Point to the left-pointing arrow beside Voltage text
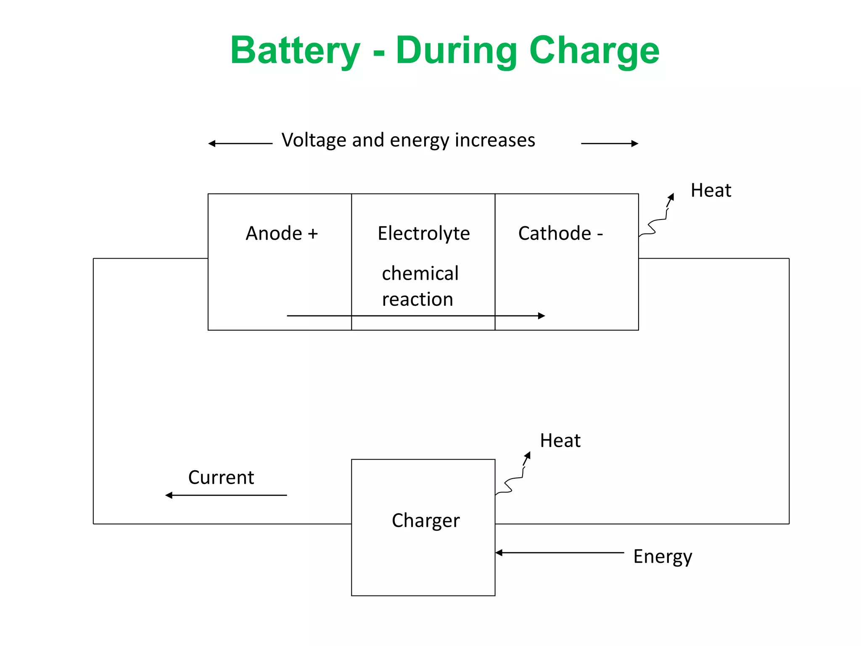[240, 144]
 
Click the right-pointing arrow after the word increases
[610, 144]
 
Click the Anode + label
[281, 233]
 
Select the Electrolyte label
[423, 233]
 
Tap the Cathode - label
[560, 233]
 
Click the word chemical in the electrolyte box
[420, 274]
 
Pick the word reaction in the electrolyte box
[417, 299]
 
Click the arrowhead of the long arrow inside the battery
[541, 316]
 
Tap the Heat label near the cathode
[710, 191]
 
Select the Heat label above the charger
[560, 441]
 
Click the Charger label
[425, 521]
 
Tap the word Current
[221, 478]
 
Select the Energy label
[663, 557]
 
